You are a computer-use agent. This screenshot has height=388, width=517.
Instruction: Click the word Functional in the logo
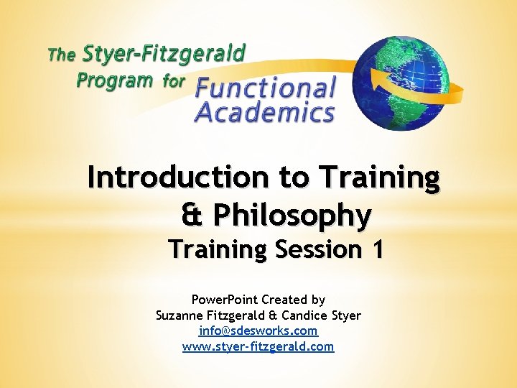tap(266, 89)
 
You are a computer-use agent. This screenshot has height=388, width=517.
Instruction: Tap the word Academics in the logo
tap(264, 113)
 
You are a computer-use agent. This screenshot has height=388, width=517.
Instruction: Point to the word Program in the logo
tap(115, 79)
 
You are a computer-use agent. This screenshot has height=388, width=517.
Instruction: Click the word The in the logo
tap(61, 54)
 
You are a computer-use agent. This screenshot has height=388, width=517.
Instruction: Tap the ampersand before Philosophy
tap(192, 214)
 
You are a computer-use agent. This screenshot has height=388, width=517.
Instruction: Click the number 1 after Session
tap(377, 249)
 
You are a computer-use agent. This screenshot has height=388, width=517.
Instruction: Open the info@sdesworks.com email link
tap(258, 331)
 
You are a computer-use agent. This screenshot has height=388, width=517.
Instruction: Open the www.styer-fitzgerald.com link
tap(258, 346)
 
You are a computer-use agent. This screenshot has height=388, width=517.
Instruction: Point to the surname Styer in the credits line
tap(344, 315)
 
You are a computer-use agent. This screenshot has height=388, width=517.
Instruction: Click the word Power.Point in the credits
tap(218, 299)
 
